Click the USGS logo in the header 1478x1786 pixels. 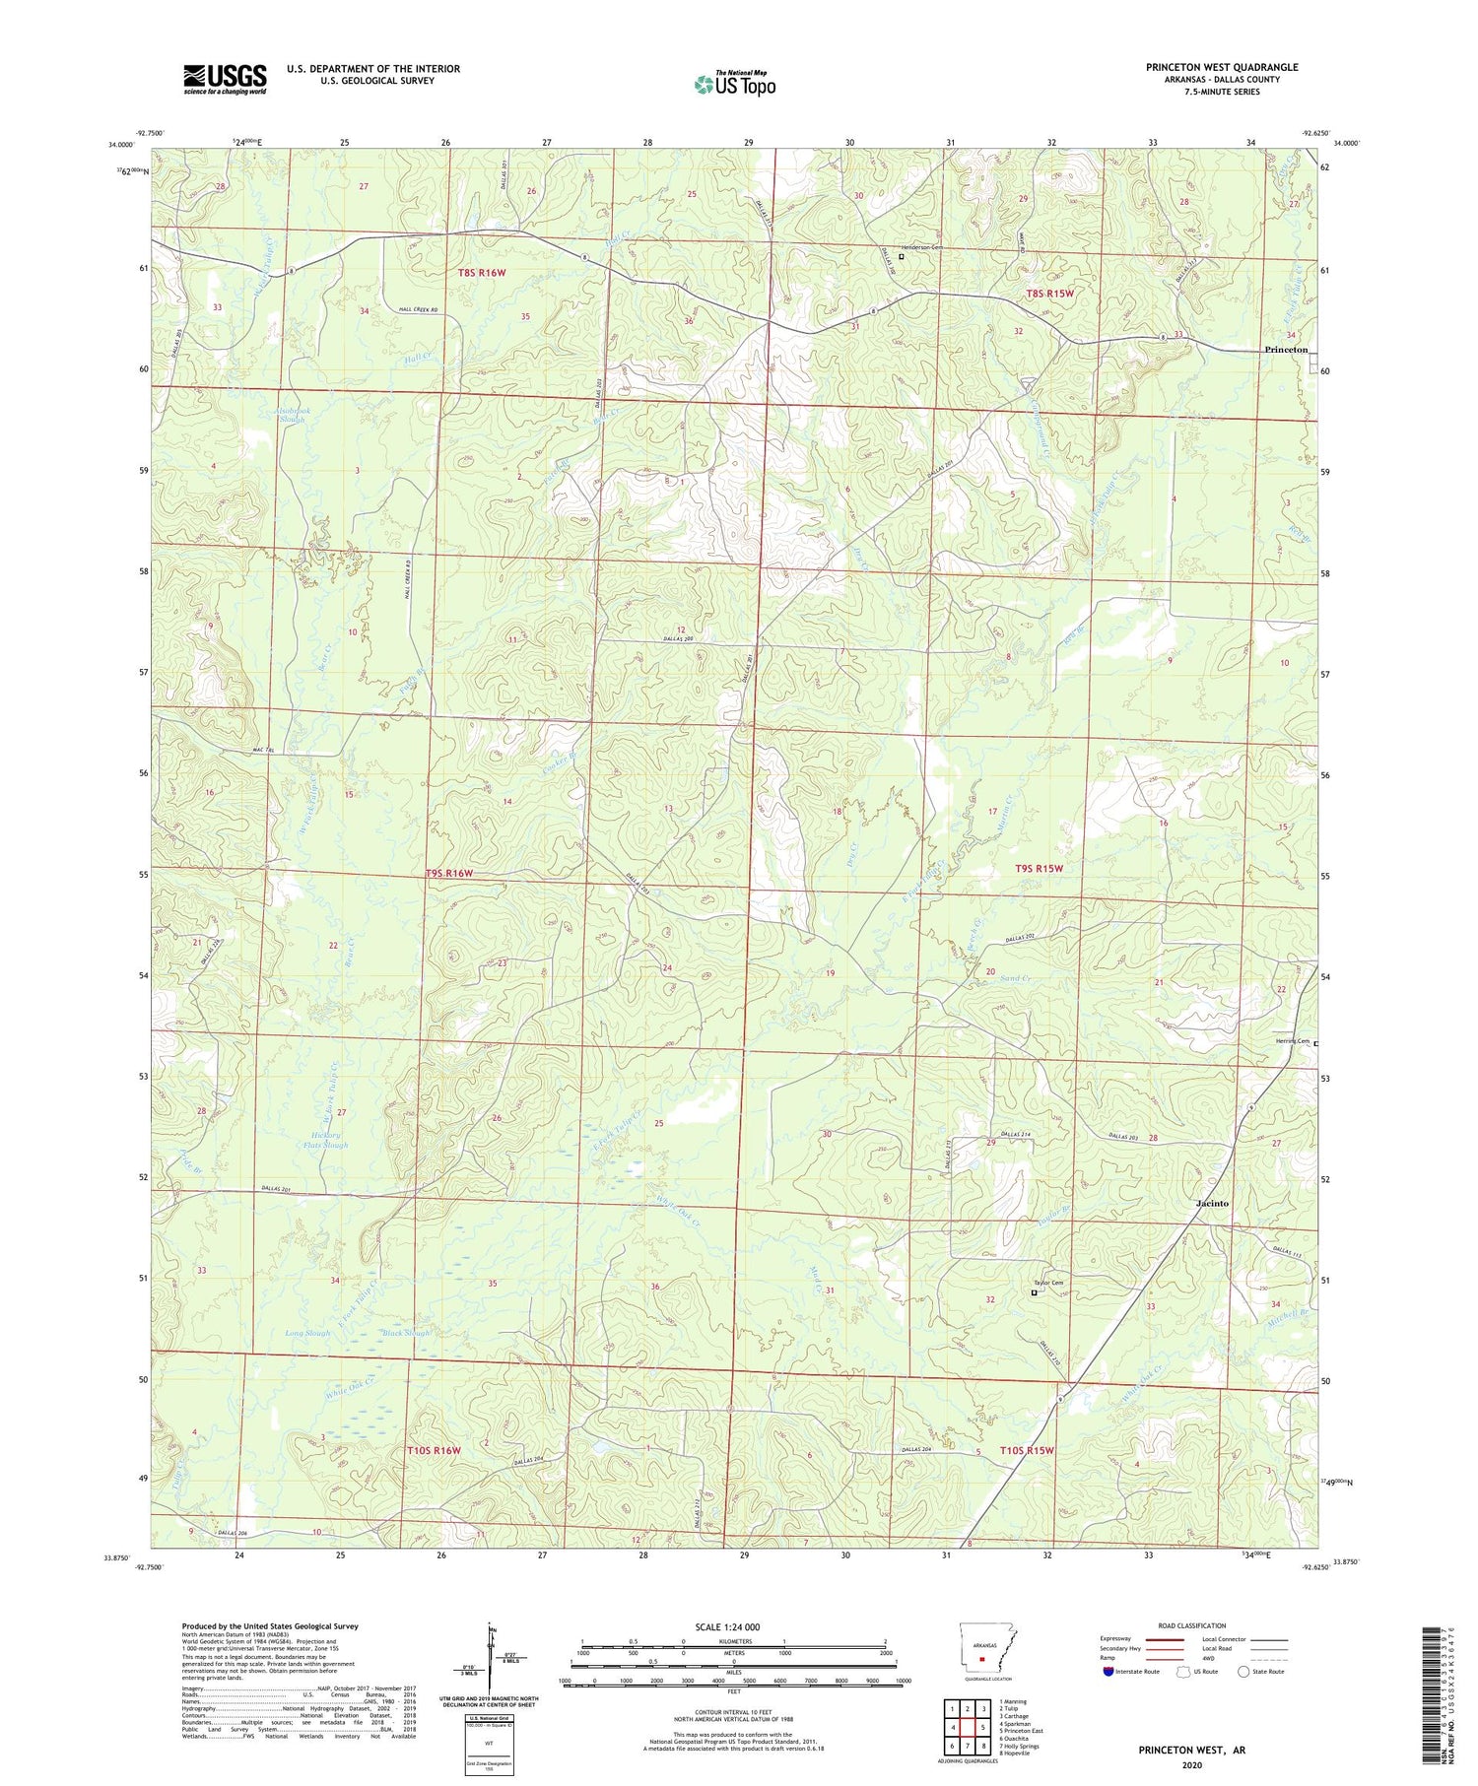[x=225, y=79]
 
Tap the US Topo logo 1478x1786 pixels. [x=734, y=84]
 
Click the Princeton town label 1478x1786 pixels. [x=1285, y=350]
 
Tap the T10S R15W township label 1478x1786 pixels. [x=1027, y=1450]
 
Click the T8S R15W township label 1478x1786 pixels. [x=1048, y=293]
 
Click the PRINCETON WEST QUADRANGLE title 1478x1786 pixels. [x=1221, y=67]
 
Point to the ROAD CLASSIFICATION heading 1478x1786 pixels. [x=1191, y=1625]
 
